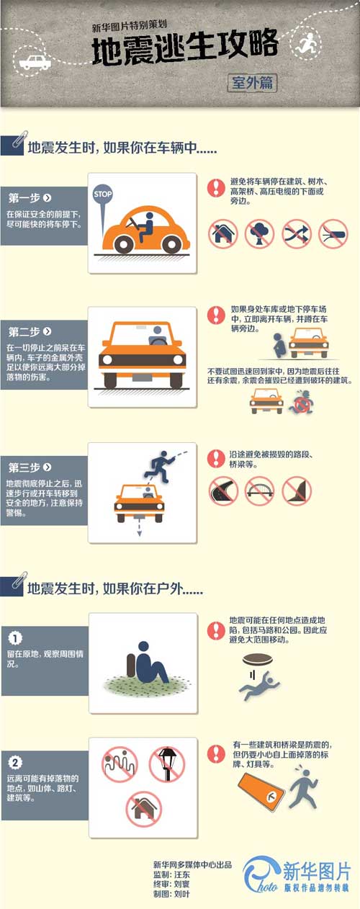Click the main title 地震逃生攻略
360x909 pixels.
[x=184, y=48]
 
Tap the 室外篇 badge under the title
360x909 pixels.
[x=252, y=82]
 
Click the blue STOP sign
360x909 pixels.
[x=103, y=194]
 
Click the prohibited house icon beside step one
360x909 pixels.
[x=223, y=234]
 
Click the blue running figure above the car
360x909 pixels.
[x=162, y=464]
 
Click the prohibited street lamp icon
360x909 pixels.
[x=167, y=764]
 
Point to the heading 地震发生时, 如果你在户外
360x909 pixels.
[x=115, y=588]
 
